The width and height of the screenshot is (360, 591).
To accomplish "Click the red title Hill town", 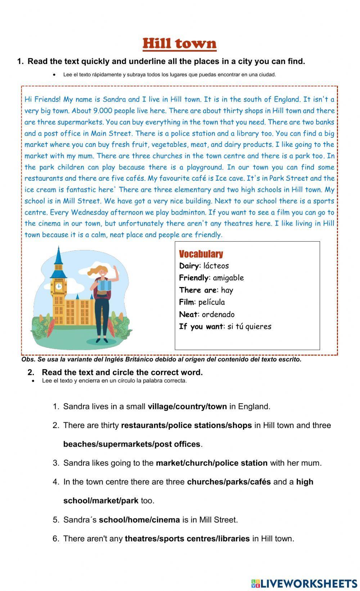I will pyautogui.click(x=179, y=44).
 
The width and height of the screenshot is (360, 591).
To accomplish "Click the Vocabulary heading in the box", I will pyautogui.click(x=201, y=254).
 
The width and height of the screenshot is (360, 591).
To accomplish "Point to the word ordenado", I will pyautogui.click(x=218, y=314).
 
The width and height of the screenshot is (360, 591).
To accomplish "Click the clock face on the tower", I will pyautogui.click(x=58, y=286).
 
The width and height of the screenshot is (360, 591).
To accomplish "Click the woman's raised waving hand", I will pyautogui.click(x=115, y=269).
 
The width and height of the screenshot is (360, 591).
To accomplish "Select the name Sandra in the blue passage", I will pyautogui.click(x=114, y=99).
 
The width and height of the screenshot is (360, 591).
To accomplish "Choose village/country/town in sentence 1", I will pyautogui.click(x=187, y=406).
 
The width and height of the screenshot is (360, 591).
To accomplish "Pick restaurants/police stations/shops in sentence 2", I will pyautogui.click(x=186, y=425).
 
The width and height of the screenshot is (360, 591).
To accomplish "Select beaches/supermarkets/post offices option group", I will pyautogui.click(x=131, y=444).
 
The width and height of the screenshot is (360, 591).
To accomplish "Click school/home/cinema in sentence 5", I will pyautogui.click(x=139, y=520).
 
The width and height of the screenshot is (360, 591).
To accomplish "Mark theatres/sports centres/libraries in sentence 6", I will pyautogui.click(x=187, y=538).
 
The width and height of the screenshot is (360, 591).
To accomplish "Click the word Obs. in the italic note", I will pyautogui.click(x=28, y=359).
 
